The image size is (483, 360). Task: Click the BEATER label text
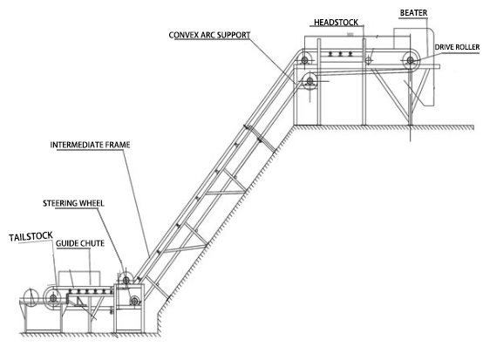(x=413, y=13)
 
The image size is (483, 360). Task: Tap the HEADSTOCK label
(x=336, y=23)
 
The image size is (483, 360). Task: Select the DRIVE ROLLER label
(x=457, y=47)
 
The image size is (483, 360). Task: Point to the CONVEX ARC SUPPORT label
(x=209, y=35)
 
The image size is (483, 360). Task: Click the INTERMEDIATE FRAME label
(x=90, y=145)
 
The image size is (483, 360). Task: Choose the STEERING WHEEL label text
(x=73, y=203)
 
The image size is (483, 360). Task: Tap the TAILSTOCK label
(x=31, y=237)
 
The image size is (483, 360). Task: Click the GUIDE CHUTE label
(x=80, y=243)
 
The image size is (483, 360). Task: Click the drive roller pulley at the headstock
(x=411, y=60)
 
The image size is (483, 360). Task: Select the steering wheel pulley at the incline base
(x=126, y=280)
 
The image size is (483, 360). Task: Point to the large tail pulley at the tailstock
(x=53, y=298)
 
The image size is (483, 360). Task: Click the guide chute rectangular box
(x=79, y=272)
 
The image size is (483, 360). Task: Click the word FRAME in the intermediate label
(x=118, y=145)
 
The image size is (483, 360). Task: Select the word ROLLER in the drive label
(x=467, y=47)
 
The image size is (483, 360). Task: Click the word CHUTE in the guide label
(x=92, y=243)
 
